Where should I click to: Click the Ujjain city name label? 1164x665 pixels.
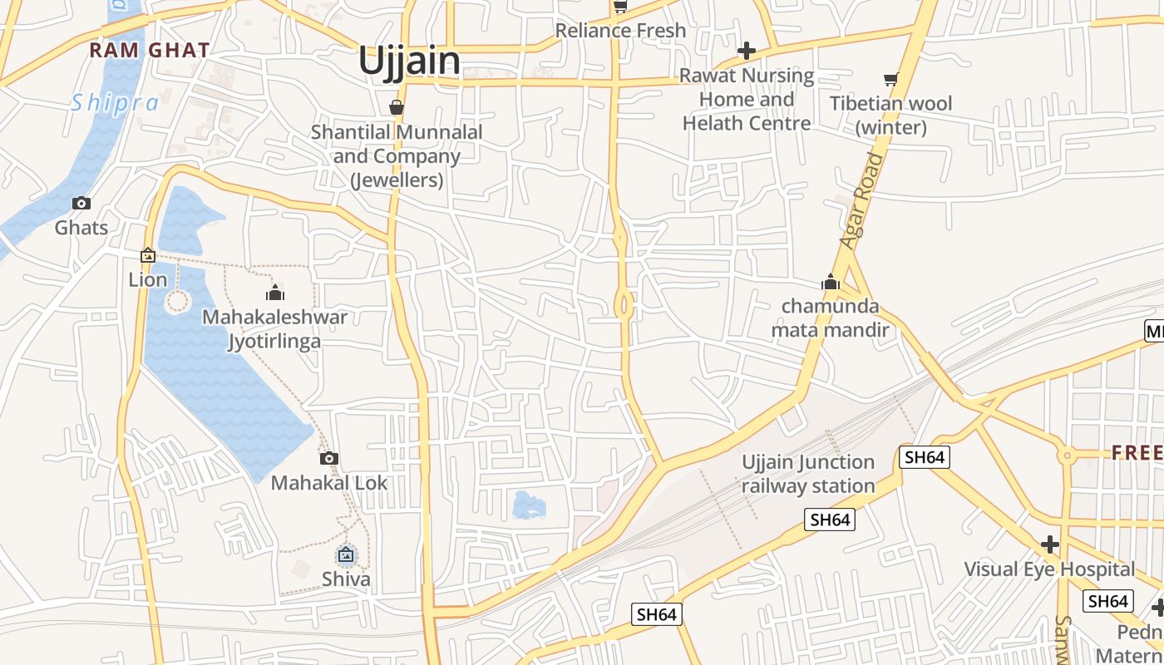(409, 62)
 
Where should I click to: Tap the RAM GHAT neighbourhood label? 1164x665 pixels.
(150, 50)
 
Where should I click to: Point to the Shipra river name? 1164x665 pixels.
(115, 103)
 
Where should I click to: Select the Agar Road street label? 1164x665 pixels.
(861, 200)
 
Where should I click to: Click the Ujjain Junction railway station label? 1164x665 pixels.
(808, 474)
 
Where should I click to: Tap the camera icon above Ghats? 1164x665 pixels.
(81, 203)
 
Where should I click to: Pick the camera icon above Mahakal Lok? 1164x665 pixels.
(329, 458)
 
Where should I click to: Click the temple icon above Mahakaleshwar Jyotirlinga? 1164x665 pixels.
(275, 292)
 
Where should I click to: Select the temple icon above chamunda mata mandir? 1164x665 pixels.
(830, 283)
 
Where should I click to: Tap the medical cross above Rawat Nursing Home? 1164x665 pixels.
(747, 51)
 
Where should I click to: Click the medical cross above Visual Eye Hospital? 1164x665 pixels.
(1049, 544)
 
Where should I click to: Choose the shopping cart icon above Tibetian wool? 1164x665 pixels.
(891, 80)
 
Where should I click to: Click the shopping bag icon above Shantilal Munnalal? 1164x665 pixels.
(397, 107)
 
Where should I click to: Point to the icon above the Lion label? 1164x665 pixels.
(148, 255)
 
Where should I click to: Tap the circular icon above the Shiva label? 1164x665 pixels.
(346, 554)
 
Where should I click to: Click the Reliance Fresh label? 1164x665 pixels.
(620, 31)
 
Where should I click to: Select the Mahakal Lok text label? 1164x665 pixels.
(329, 483)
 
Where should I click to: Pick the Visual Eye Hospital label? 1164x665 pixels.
(1049, 569)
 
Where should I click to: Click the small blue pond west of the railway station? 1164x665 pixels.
(529, 504)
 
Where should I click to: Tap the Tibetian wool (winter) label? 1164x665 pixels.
(891, 116)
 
